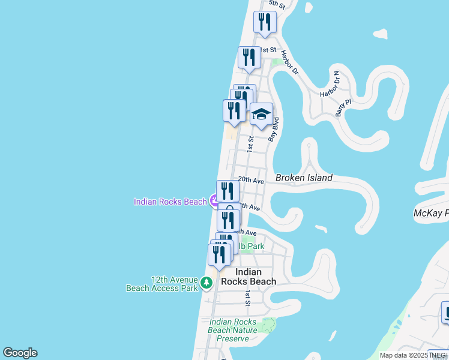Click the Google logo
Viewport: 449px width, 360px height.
coord(20,353)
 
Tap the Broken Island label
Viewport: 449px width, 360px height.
coord(304,178)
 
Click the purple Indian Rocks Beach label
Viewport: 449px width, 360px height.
coord(170,202)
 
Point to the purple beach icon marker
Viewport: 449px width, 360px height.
coord(214,201)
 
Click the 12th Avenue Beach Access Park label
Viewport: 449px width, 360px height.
coord(162,283)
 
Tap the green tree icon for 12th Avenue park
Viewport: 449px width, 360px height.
coord(207,281)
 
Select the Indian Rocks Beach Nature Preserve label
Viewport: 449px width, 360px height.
coord(233,330)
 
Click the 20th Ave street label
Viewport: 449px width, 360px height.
coord(251,179)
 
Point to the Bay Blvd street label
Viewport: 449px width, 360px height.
coord(274,129)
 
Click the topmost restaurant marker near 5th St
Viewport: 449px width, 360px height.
coord(265,22)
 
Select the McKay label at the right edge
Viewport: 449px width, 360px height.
coord(431,213)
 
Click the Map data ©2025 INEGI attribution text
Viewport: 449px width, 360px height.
coord(414,355)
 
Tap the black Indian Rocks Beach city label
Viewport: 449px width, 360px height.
coord(249,277)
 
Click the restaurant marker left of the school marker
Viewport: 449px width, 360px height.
coord(234,110)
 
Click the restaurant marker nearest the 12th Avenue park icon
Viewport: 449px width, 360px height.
coord(219,254)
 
